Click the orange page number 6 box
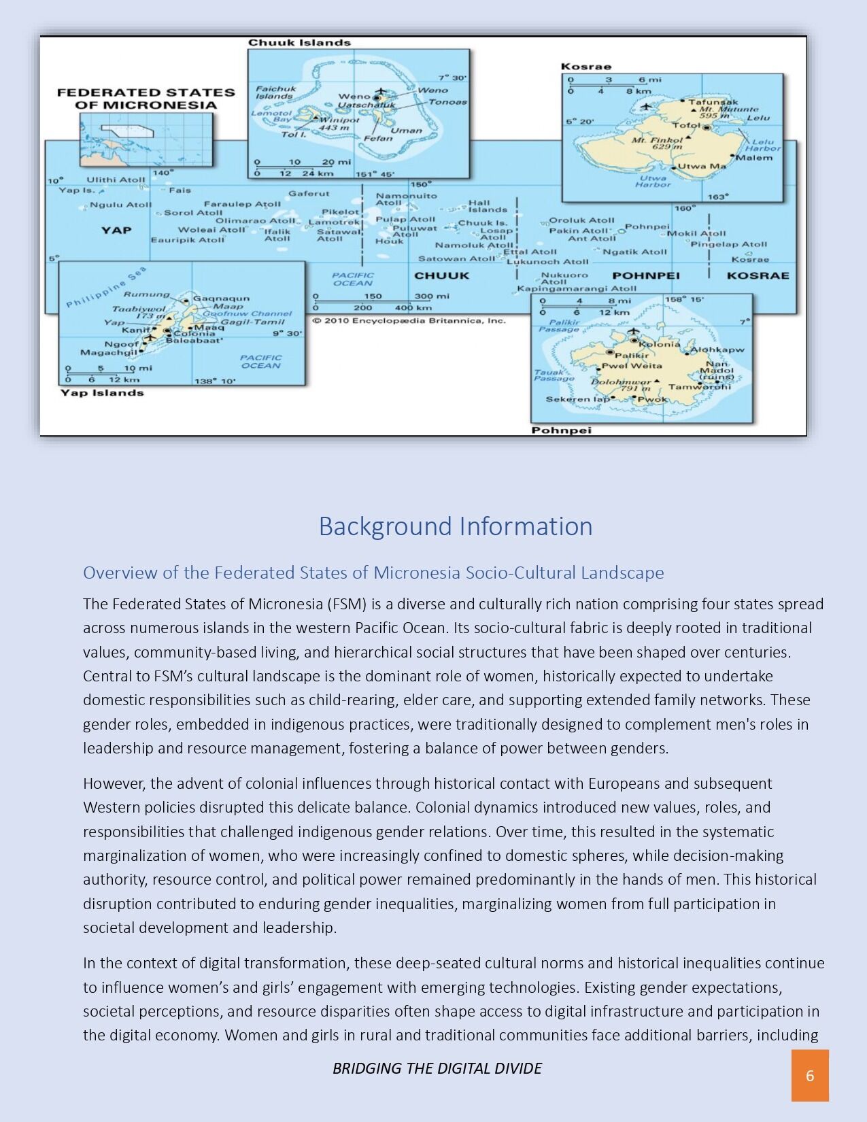[x=809, y=1075]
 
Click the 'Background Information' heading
[x=456, y=526]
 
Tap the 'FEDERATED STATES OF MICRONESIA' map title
[x=146, y=99]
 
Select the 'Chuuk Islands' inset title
[x=299, y=43]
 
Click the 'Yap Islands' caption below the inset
[x=102, y=392]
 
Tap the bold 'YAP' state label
[x=116, y=231]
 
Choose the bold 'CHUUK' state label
[x=441, y=275]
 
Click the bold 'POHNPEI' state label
[x=645, y=275]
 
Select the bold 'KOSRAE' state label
[x=758, y=275]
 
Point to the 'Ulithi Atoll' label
[x=116, y=180]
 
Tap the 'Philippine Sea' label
[x=107, y=288]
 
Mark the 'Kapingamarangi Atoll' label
[x=576, y=288]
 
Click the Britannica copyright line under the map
[x=409, y=320]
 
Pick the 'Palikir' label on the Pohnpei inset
[x=632, y=355]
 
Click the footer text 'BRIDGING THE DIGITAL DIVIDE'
[x=437, y=1068]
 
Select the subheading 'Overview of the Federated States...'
[x=373, y=573]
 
